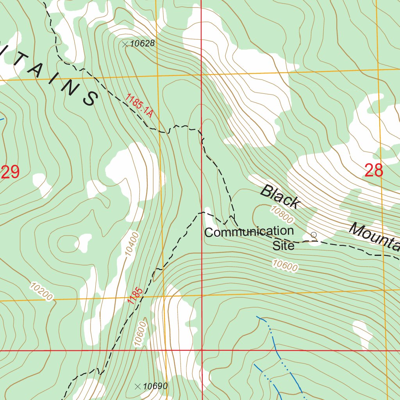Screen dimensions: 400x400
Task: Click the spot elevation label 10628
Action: pos(142,44)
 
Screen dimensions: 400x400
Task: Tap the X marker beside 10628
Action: pos(125,45)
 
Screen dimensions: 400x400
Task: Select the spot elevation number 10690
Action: pos(155,386)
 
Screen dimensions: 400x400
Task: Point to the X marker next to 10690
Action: pos(137,387)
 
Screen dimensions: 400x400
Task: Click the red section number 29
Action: pos(10,172)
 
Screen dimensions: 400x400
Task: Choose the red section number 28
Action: pos(373,171)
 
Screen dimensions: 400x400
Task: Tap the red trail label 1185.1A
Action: pos(139,106)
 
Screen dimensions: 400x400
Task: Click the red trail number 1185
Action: pos(134,295)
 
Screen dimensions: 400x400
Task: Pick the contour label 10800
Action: pos(281,215)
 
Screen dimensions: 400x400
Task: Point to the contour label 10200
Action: pos(41,291)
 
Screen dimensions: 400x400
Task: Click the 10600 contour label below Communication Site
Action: pos(285,265)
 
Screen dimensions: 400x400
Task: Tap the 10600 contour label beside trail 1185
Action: pos(139,334)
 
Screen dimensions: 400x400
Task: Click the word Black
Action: pos(280,197)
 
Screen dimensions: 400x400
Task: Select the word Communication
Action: pos(249,232)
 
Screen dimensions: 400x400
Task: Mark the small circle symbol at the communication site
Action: pos(313,234)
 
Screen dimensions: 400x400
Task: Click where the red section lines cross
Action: pos(202,350)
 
